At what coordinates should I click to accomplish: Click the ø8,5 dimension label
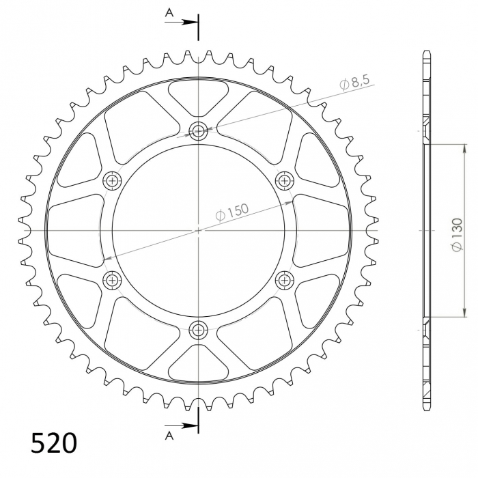point(354,83)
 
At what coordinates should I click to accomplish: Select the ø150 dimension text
point(233,212)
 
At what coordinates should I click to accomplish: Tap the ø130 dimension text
point(456,234)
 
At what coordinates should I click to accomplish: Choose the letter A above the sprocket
point(169,12)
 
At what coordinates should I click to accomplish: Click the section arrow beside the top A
point(187,22)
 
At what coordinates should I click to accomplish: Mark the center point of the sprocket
point(199,230)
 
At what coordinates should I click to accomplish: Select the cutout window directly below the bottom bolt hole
point(198,365)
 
